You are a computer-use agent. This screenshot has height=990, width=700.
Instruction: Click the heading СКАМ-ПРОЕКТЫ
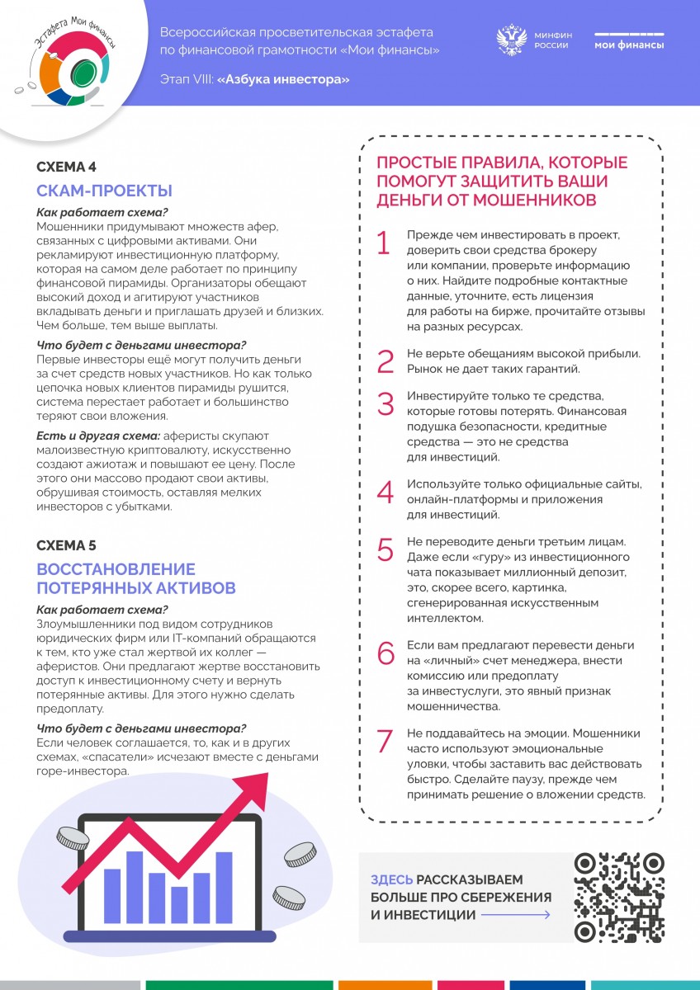[104, 191]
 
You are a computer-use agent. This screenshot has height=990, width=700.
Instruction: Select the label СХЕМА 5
[66, 545]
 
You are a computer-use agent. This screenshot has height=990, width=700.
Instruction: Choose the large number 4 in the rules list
[385, 492]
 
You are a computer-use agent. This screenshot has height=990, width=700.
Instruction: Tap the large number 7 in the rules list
[385, 741]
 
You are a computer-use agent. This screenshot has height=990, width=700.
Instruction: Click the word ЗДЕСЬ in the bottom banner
[392, 880]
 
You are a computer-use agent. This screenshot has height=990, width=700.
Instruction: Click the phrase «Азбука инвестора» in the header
[283, 79]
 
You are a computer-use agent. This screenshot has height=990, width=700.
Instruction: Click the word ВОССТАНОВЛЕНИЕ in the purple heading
[116, 569]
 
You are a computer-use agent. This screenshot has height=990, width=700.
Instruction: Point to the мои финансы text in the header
[629, 45]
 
